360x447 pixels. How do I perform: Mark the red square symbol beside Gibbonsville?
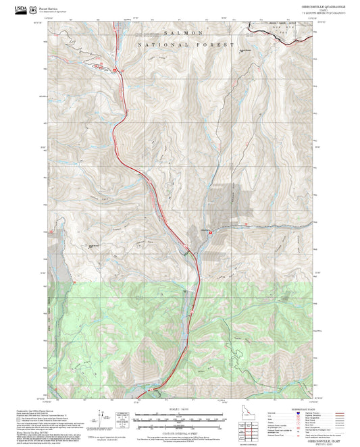tap(210, 233)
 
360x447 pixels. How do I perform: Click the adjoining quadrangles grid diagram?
tap(251, 429)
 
